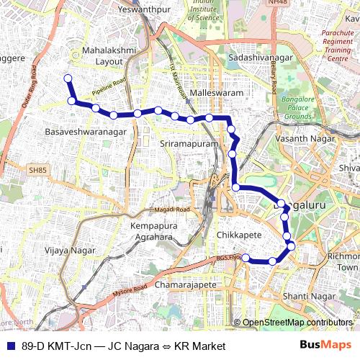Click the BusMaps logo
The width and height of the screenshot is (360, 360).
(331, 346)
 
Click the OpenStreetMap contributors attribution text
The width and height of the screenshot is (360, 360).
(297, 323)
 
